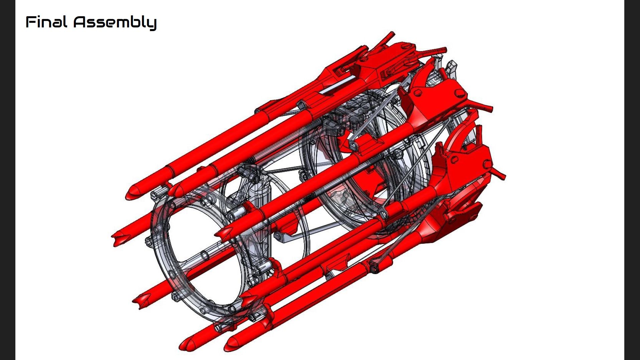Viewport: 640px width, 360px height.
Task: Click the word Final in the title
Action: tap(46, 22)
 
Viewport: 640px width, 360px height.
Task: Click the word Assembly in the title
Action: tap(115, 23)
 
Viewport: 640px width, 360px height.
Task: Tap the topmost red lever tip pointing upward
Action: tap(391, 34)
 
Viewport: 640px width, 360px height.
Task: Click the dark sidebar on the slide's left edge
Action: tap(7, 180)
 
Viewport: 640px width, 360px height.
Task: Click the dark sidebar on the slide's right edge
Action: tap(632, 180)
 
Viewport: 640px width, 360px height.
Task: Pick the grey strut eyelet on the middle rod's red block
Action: tap(353, 145)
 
